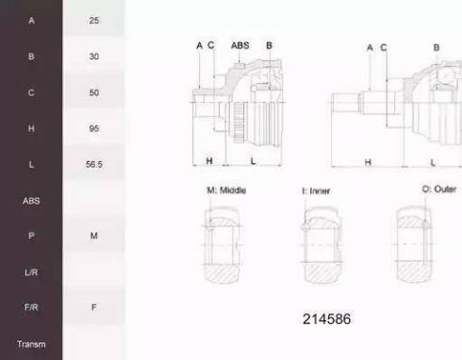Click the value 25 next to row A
[93, 21]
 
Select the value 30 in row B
[93, 57]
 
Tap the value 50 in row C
[93, 92]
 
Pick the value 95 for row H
[93, 128]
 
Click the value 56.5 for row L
[93, 164]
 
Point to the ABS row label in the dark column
[31, 201]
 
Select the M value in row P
[93, 236]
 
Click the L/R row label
[31, 272]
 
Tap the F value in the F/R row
[93, 307]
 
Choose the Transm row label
[31, 344]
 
